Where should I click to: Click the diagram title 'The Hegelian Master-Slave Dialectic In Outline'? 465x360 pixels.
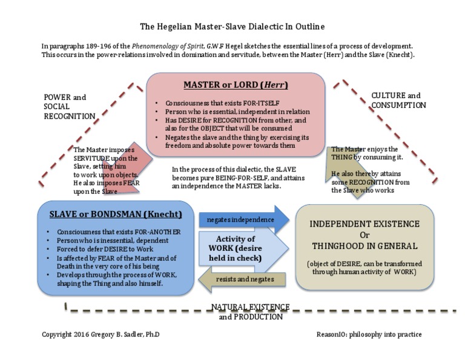[x=232, y=27]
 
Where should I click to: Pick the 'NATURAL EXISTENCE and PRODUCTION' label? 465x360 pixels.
[x=251, y=312]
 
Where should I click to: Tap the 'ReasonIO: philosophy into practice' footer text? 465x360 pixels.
[x=369, y=335]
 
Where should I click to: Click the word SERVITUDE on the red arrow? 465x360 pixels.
[x=92, y=158]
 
